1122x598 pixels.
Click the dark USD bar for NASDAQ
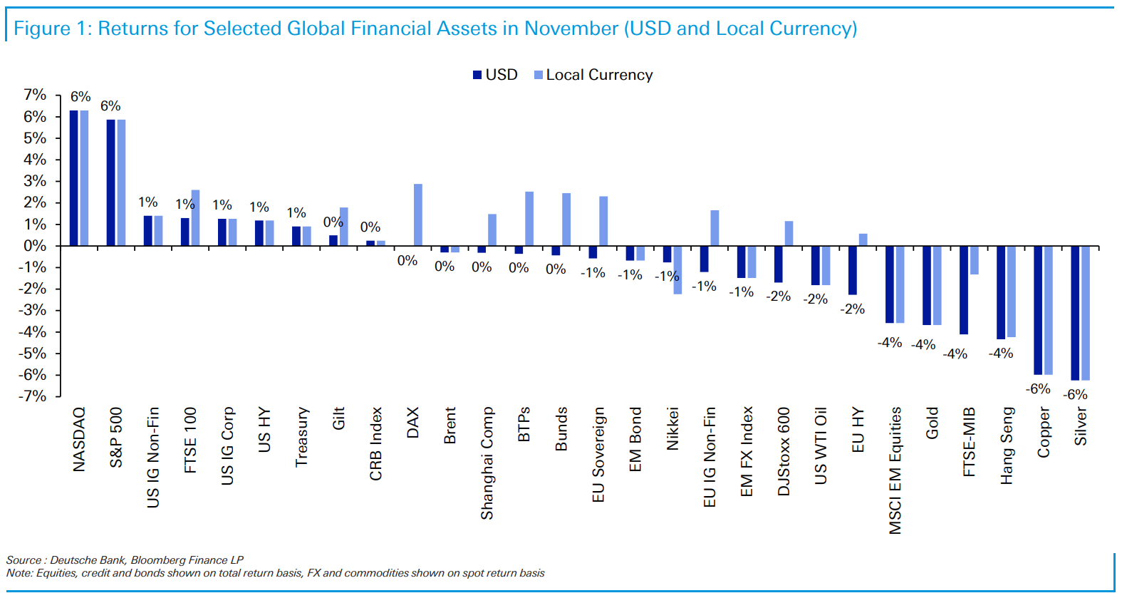(73, 178)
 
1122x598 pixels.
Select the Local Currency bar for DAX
(418, 215)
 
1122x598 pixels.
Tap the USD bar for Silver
(1075, 313)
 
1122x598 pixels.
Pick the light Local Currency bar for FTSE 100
(195, 217)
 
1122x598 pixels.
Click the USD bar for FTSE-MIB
(964, 290)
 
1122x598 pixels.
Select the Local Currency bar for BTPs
(529, 219)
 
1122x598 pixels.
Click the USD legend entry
(496, 75)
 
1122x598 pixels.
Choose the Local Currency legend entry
(593, 75)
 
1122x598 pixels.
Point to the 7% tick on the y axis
(35, 95)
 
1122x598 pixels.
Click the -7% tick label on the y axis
(33, 396)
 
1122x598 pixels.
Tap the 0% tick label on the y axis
(35, 246)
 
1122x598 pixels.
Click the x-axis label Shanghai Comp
(487, 463)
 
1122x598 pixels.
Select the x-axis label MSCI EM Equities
(895, 470)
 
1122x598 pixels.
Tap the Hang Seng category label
(1007, 445)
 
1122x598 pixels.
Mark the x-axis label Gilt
(339, 418)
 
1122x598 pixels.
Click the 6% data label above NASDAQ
(80, 97)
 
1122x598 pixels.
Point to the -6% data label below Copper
(1038, 389)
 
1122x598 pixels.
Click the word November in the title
(571, 29)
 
